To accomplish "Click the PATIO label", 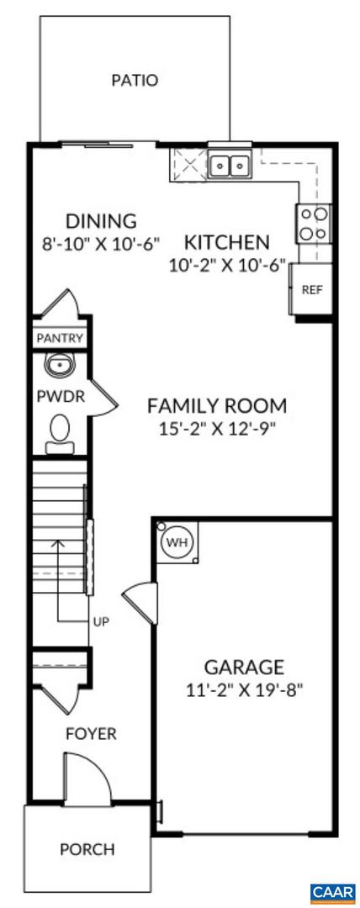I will point(135,81).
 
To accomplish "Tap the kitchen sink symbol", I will point(230,166).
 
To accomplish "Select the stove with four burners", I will point(313,223).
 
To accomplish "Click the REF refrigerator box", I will point(311,290).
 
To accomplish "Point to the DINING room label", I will point(101,221).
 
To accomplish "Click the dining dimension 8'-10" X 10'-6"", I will point(101,245).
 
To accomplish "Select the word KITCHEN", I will point(227,243).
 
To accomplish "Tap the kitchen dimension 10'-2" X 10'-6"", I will point(227,265).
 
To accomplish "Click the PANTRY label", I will point(60,339).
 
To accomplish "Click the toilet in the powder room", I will point(60,431).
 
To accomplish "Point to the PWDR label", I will point(60,397).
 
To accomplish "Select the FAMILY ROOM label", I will point(217,405).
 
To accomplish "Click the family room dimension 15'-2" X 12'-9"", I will point(217,429).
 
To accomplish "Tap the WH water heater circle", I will point(177,542).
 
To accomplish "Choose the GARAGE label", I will point(244,668).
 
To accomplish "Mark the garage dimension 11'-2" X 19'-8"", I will point(244,690).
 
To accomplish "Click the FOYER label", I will point(91,734).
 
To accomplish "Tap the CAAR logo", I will point(333,892).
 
